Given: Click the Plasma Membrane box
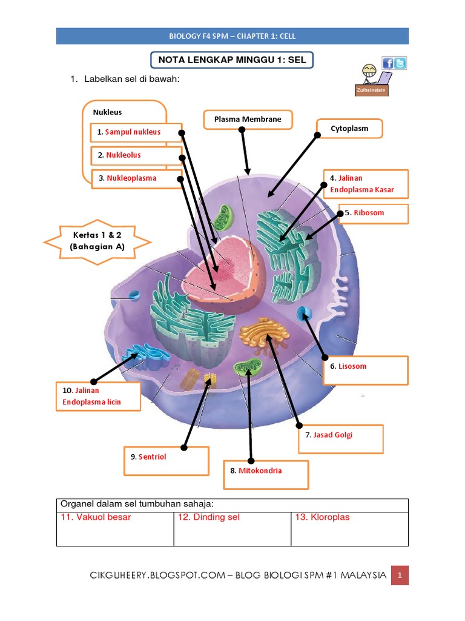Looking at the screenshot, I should pos(248,119).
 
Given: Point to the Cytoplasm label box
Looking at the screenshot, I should pos(349,129).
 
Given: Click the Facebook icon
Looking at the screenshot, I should pos(387,63).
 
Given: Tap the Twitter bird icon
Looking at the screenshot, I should pos(400,63).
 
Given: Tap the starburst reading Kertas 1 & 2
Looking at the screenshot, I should pos(98,241).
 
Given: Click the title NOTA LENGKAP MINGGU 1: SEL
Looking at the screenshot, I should pos(232,61).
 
